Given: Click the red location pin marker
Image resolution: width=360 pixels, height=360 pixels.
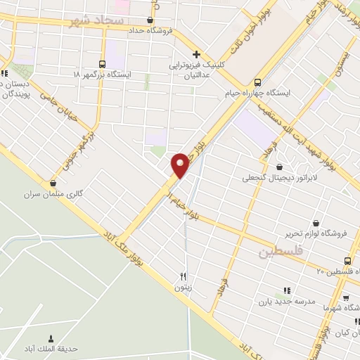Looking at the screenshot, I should point(181,165).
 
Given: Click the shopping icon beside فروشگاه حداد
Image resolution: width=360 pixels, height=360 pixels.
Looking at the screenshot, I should point(150,20).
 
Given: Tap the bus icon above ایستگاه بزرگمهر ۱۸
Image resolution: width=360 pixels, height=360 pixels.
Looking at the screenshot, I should point(103,63).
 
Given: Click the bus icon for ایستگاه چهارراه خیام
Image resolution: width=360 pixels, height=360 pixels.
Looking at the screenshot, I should point(257,81).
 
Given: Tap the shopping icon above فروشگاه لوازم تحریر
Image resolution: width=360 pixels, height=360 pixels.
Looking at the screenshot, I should point(316,224).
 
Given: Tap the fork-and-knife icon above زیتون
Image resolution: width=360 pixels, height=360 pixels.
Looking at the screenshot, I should point(184,276).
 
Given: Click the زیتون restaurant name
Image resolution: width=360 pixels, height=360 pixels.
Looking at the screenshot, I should point(184,287).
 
